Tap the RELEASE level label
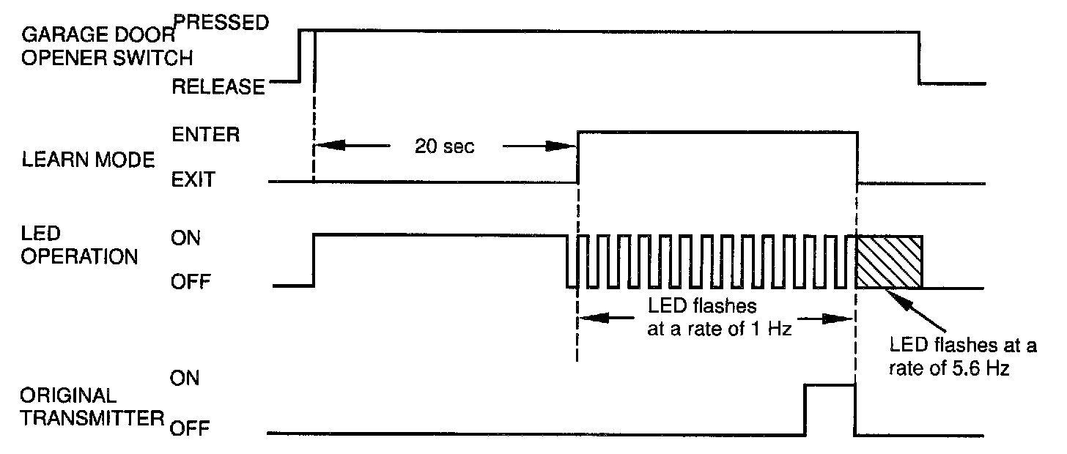click(x=217, y=87)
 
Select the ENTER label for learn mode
click(x=204, y=135)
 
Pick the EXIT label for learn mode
click(x=193, y=179)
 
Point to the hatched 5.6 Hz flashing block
click(x=889, y=261)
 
